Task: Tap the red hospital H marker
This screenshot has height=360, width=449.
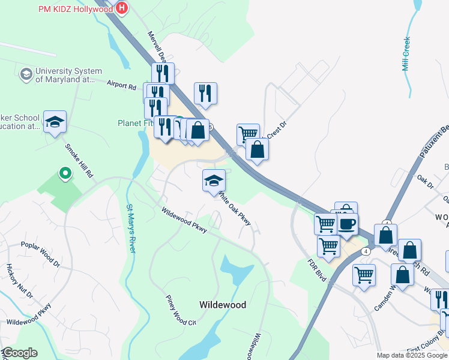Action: coord(122,8)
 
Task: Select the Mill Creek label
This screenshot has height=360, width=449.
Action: coord(406,55)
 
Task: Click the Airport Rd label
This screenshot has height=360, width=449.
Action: coord(121,86)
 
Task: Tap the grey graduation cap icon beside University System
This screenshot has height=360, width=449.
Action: coord(26,74)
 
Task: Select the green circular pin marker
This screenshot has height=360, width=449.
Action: coord(64,174)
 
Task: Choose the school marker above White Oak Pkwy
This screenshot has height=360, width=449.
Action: coord(214,181)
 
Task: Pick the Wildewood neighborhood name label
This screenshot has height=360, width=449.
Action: coord(222,305)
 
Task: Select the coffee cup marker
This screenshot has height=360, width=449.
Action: coord(347,224)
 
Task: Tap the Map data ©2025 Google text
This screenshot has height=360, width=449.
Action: coord(411,355)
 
